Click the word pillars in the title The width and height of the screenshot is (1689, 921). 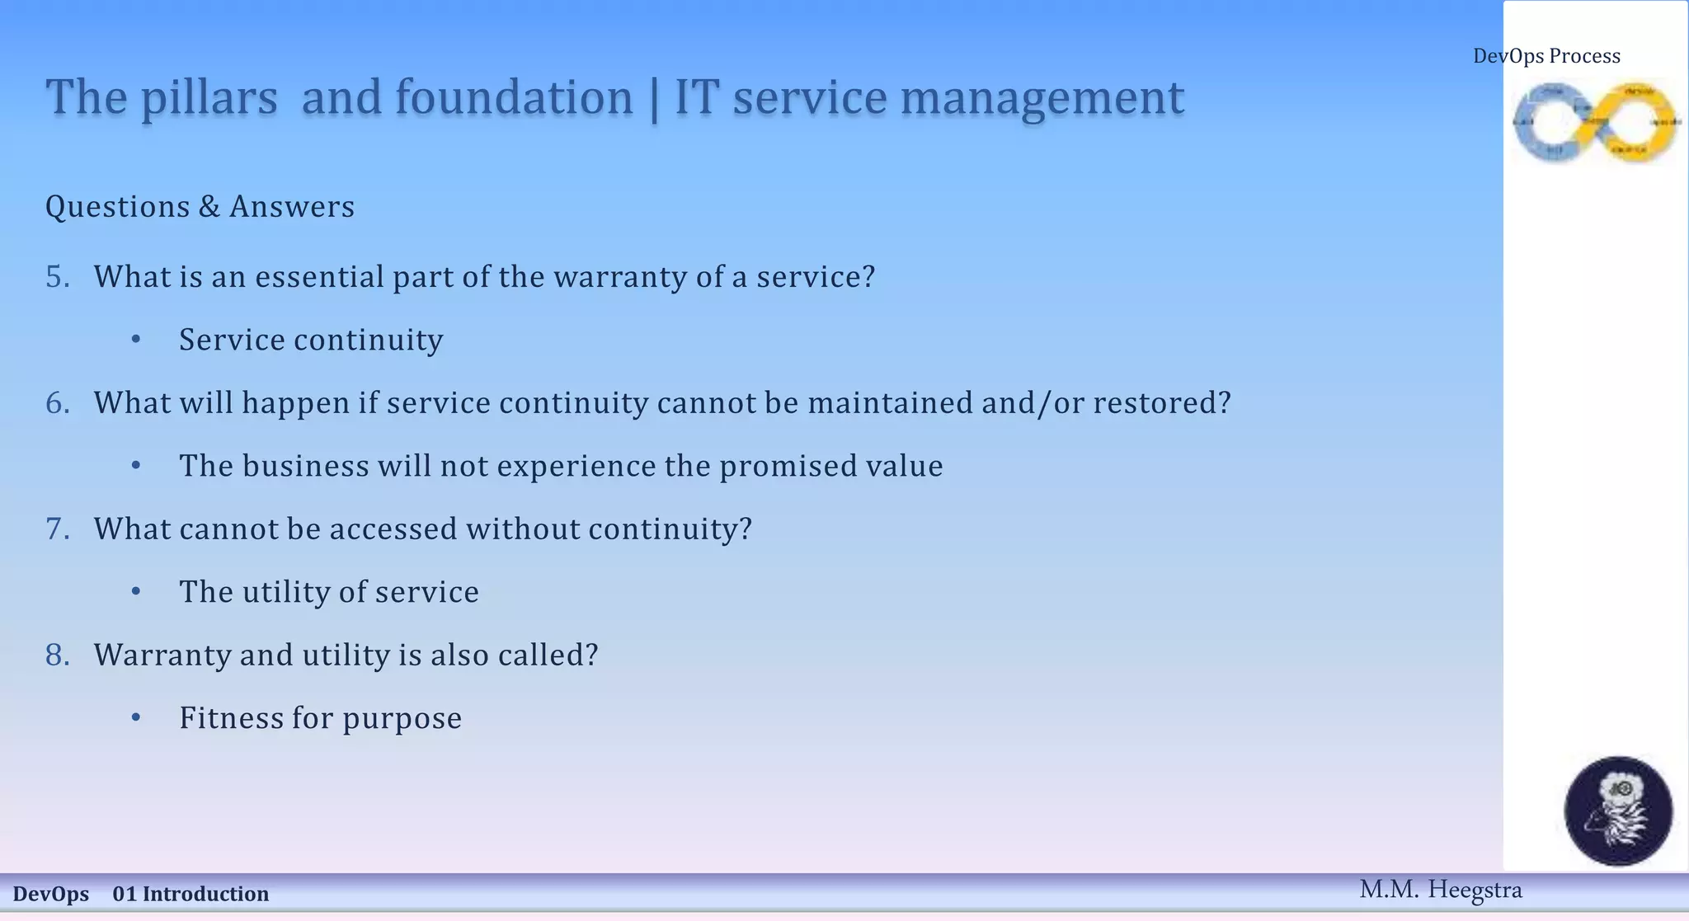pos(209,98)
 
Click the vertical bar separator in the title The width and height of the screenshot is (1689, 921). pos(654,98)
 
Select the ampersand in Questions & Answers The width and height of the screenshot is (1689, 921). pos(209,207)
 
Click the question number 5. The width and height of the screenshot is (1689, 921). pos(58,277)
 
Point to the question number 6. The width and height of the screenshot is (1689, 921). pos(58,403)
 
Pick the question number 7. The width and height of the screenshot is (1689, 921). pos(58,529)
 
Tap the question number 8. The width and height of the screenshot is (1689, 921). pos(58,656)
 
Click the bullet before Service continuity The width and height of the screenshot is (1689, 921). pos(136,340)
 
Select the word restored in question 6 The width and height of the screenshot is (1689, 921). pos(1161,403)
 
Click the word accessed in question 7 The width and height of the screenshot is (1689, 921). pos(393,529)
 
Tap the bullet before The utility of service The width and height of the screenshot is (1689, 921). pos(136,592)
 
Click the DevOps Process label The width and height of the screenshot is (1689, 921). pos(1546,56)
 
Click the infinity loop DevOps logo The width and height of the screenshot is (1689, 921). pos(1597,123)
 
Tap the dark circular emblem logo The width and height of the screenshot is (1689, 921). pos(1618,811)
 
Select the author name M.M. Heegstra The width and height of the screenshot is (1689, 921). pos(1440,890)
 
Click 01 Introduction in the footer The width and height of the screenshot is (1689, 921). pos(191,895)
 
